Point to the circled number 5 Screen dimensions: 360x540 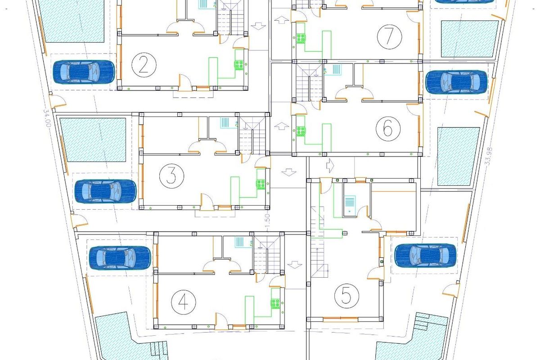(x=346, y=296)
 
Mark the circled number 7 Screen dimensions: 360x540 (x=388, y=37)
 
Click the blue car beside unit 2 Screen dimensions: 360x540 (x=84, y=72)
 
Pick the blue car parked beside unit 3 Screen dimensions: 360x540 (x=105, y=191)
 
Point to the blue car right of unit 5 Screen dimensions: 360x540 (x=425, y=255)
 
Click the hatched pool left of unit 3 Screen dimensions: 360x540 (x=93, y=140)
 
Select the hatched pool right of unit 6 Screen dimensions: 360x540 (x=458, y=156)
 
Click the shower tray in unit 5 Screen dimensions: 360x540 (x=350, y=204)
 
